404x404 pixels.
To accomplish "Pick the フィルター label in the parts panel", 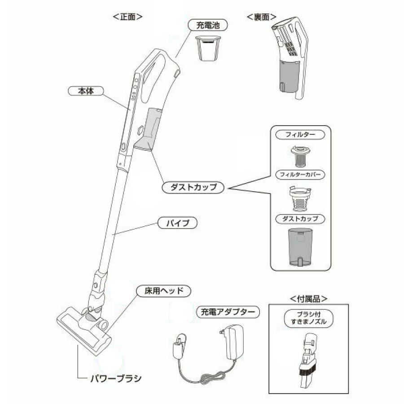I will pyautogui.click(x=300, y=134).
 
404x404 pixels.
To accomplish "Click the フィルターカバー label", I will pyautogui.click(x=300, y=174).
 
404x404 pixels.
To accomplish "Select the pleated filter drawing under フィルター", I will pyautogui.click(x=299, y=155).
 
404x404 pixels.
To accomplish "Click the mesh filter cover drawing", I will pyautogui.click(x=300, y=199).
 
